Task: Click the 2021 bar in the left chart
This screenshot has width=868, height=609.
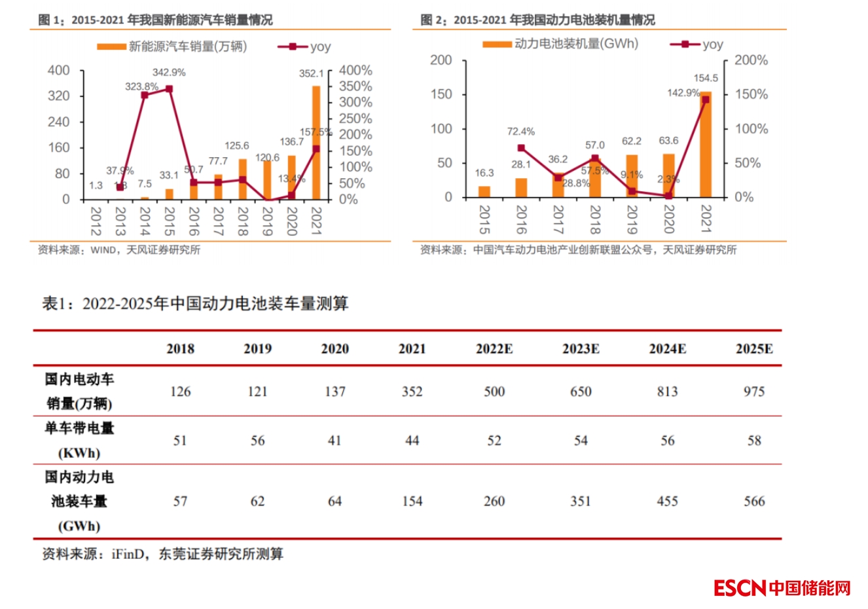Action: tap(316, 143)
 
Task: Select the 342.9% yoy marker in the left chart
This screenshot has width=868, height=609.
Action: tap(169, 88)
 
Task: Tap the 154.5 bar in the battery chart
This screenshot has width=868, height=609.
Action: tap(706, 145)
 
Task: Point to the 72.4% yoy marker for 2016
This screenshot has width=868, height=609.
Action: tap(521, 148)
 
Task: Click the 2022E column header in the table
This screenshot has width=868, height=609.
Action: tap(494, 348)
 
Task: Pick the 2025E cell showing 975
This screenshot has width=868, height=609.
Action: tap(754, 392)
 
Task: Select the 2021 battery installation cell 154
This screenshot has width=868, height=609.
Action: tap(412, 502)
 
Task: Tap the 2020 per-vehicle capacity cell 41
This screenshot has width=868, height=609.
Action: tap(335, 441)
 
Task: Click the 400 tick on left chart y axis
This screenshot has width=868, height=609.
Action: tap(59, 70)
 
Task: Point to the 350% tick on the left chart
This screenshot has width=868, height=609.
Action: tap(355, 86)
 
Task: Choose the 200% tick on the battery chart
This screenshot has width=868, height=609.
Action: tap(751, 60)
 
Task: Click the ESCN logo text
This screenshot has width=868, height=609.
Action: tap(739, 588)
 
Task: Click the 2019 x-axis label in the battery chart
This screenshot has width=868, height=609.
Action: tap(632, 219)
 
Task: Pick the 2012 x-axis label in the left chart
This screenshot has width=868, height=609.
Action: tap(96, 221)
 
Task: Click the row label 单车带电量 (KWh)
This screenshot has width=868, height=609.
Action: tap(79, 440)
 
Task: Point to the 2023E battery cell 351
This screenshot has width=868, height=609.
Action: tap(581, 502)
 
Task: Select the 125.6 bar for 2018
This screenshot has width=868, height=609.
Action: tap(242, 179)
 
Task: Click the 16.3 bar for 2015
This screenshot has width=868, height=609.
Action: tap(484, 191)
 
